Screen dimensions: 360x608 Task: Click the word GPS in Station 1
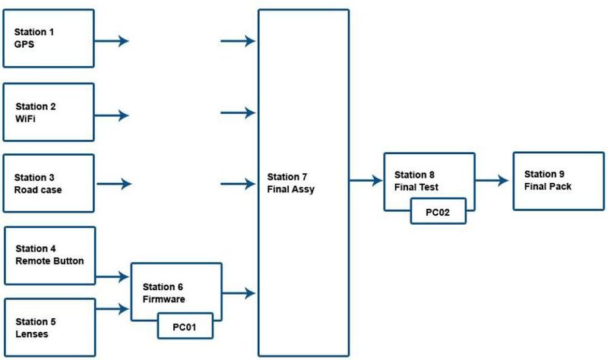(24, 46)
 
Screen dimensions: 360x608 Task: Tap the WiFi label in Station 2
(26, 119)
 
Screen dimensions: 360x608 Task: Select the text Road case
(38, 190)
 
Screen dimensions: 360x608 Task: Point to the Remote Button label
(49, 261)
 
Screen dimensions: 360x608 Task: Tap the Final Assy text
(291, 190)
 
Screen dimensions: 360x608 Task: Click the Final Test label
(416, 186)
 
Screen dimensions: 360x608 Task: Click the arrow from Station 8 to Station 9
(492, 181)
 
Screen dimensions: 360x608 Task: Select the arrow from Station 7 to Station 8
(366, 181)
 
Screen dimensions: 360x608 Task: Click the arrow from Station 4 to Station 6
(113, 278)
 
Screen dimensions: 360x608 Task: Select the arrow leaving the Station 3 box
(114, 184)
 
